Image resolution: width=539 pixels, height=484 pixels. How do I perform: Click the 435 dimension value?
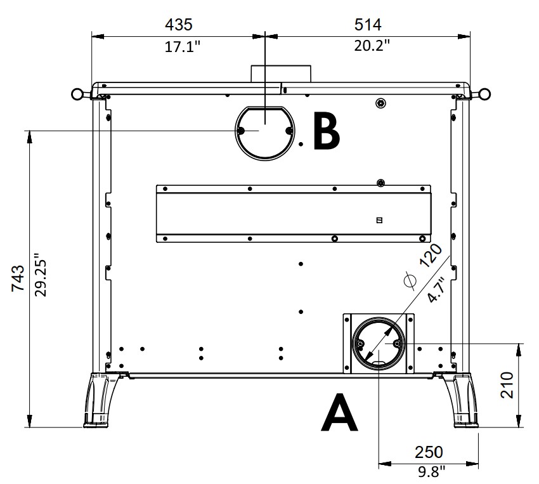[x=179, y=25]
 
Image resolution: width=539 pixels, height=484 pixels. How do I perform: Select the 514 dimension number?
[x=368, y=25]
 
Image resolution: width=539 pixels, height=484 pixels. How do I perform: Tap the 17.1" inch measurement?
[x=182, y=46]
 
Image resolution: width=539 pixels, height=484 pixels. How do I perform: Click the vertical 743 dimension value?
[x=18, y=278]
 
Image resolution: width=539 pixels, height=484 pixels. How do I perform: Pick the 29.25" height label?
[x=41, y=275]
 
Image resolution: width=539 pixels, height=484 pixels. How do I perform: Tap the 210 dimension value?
[x=507, y=385]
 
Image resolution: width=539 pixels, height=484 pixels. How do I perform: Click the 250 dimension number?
[x=429, y=452]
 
